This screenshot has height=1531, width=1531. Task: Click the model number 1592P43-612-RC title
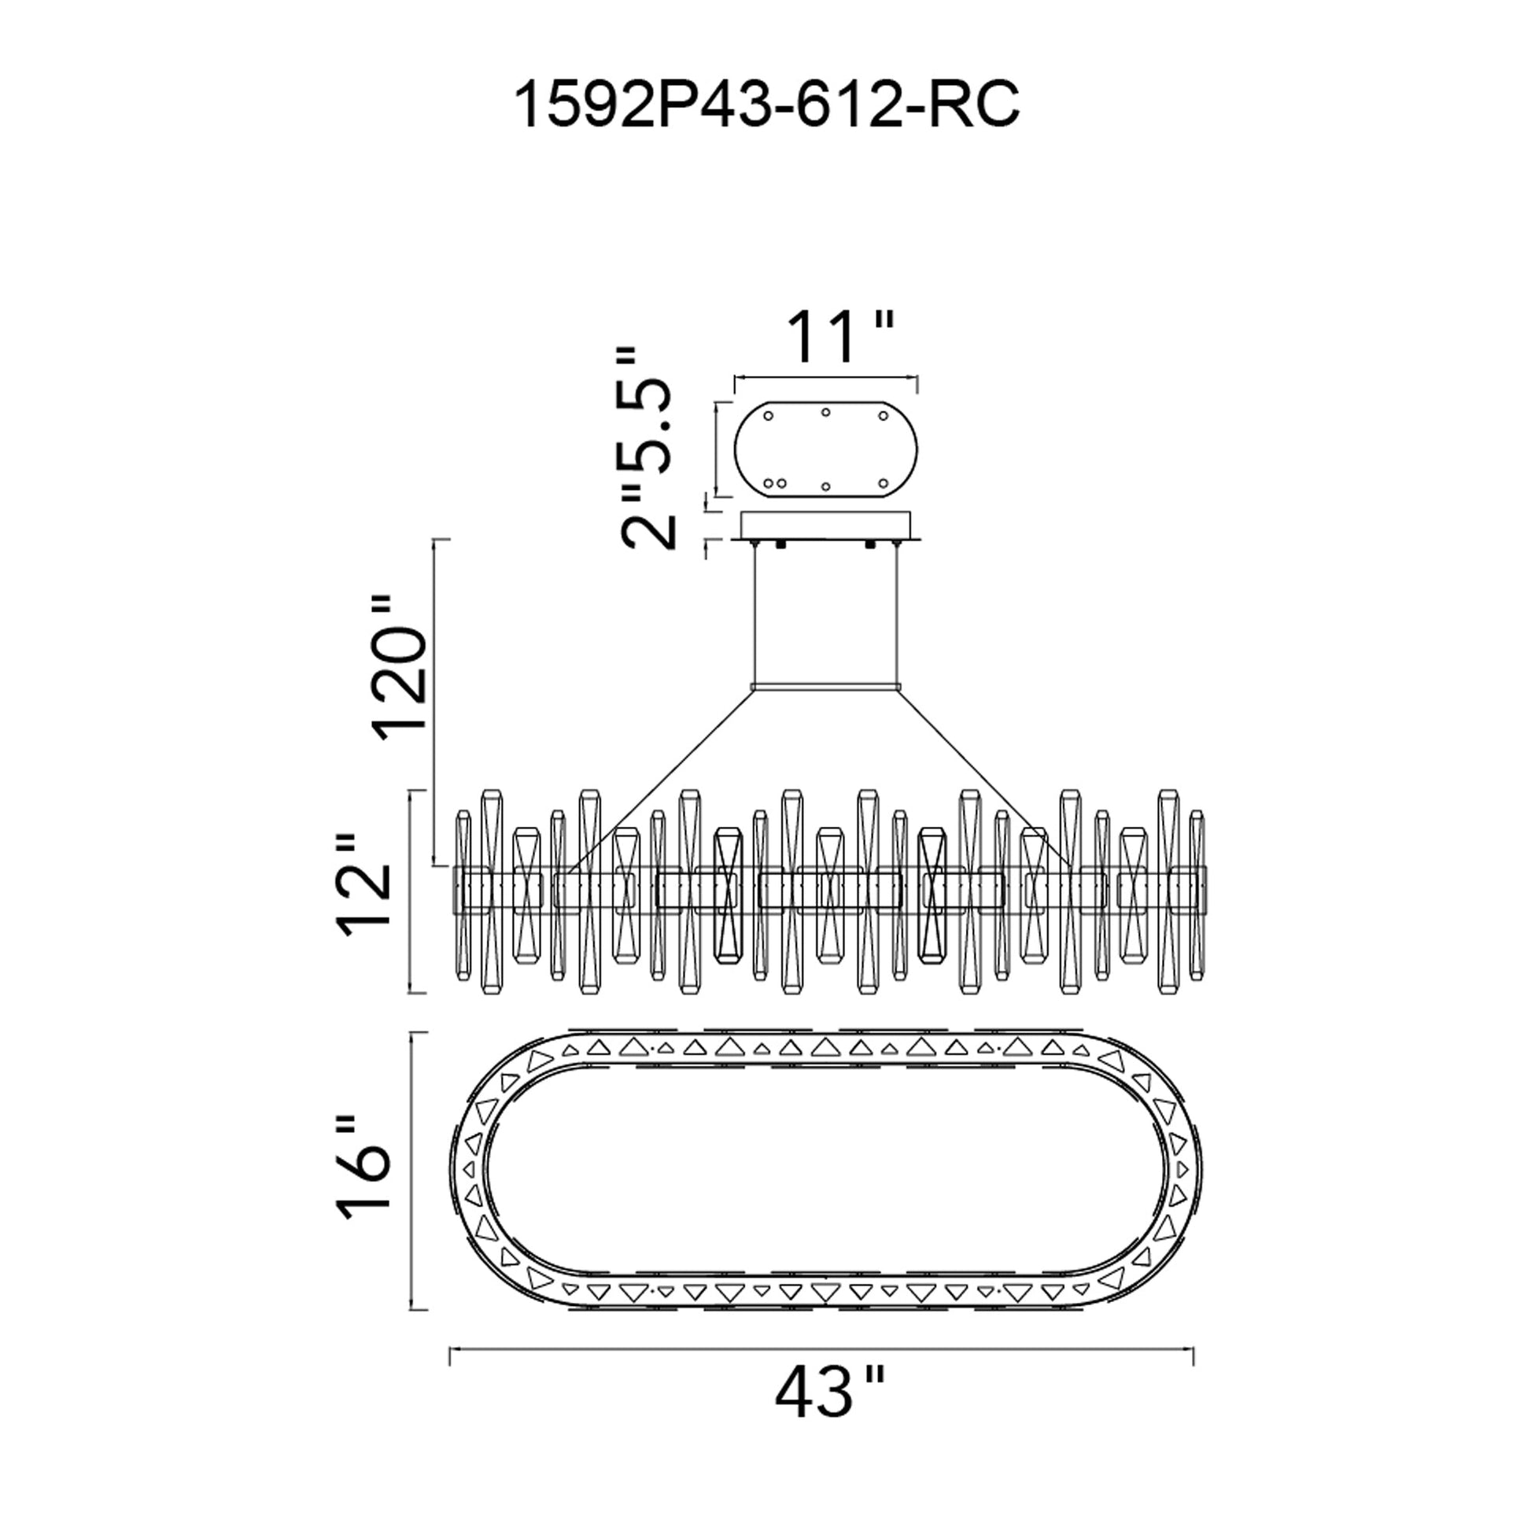(766, 106)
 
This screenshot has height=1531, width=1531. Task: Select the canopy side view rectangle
(827, 526)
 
